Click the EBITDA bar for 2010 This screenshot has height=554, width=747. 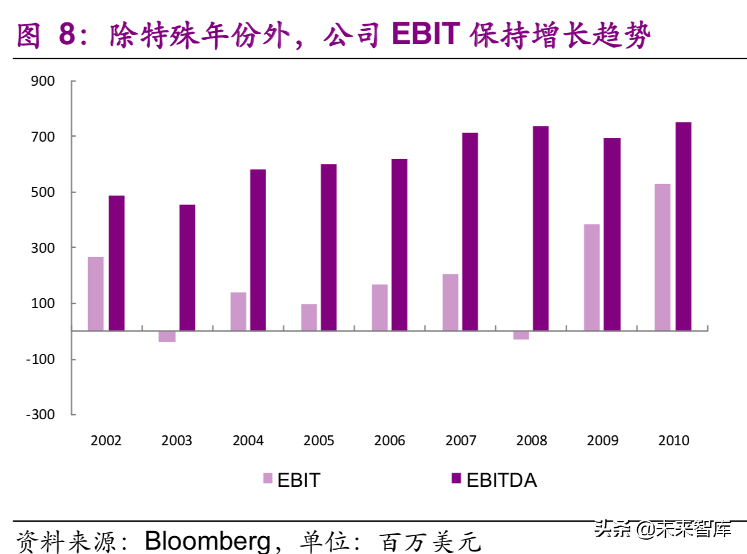683,226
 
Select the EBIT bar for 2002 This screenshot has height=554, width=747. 96,293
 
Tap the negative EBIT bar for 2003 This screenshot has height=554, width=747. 167,336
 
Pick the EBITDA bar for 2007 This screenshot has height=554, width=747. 470,231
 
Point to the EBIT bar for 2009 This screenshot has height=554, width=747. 592,277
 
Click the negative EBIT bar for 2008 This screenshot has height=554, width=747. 521,335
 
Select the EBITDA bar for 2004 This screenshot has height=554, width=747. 258,250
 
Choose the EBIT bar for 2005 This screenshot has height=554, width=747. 309,317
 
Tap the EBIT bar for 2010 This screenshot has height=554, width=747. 662,257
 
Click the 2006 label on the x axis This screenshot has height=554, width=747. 390,441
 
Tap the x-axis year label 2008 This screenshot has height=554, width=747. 532,441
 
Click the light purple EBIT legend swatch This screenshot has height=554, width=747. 268,478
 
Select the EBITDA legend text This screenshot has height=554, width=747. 501,479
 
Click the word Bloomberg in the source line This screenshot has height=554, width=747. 207,540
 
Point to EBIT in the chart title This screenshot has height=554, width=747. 426,36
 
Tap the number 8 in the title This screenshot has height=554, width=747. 66,36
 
